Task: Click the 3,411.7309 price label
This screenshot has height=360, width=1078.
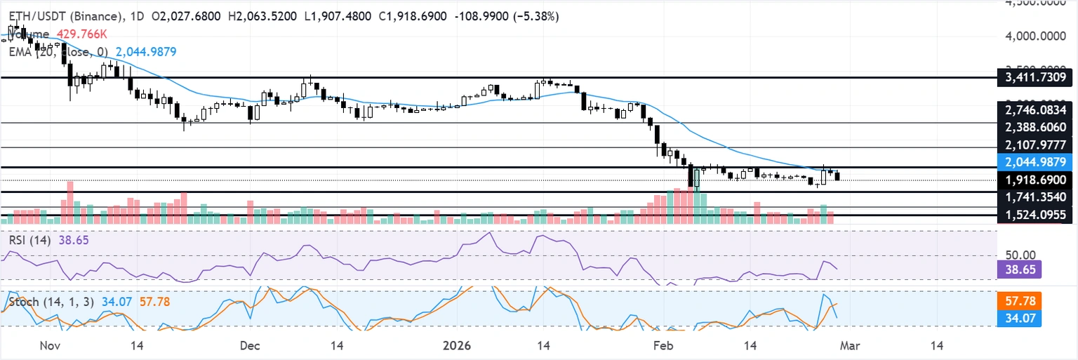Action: click(x=1035, y=77)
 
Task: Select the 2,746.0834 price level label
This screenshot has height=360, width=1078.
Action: click(x=1035, y=110)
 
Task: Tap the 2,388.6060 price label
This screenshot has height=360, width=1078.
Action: click(x=1035, y=127)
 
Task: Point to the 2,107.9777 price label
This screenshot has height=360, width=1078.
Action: click(x=1035, y=145)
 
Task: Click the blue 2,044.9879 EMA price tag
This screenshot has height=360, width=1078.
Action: click(x=1035, y=162)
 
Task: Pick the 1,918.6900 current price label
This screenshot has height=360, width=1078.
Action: click(x=1035, y=180)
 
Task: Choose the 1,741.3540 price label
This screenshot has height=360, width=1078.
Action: click(x=1035, y=199)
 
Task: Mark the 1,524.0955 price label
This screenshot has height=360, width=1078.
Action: click(x=1035, y=215)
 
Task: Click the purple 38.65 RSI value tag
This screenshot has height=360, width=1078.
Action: click(x=1019, y=269)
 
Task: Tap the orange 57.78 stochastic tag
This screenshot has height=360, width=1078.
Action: click(x=1019, y=302)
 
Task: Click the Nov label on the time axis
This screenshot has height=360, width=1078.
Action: click(x=48, y=346)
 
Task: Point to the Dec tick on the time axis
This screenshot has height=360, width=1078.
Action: click(x=249, y=346)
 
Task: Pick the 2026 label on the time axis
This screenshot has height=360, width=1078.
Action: click(x=456, y=346)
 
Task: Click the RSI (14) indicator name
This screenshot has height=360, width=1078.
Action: click(x=29, y=240)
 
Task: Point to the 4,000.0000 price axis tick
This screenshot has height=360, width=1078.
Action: click(x=1035, y=34)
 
